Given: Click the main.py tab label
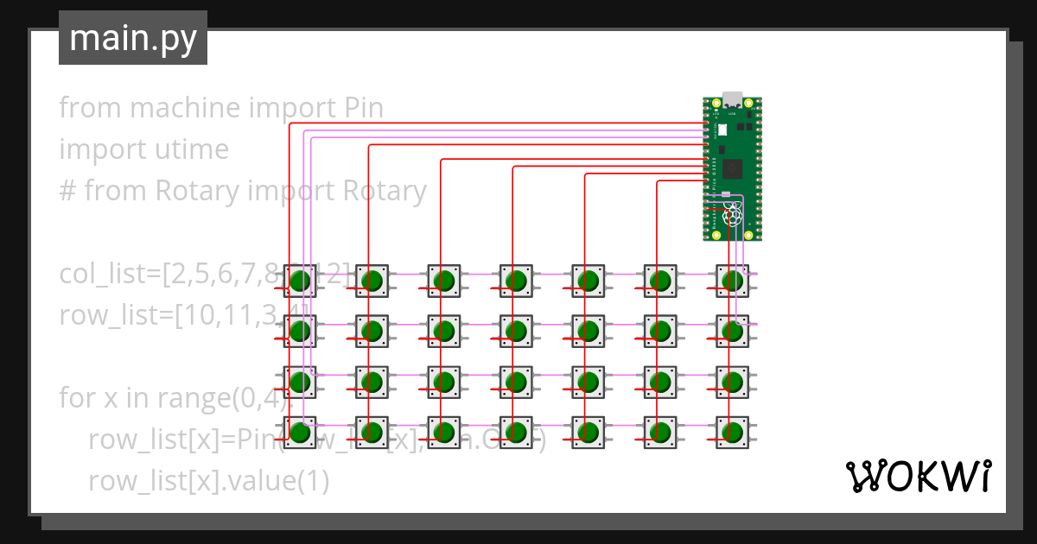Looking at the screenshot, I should [132, 38].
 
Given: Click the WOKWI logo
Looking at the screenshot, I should [918, 475].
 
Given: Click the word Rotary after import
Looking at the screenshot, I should [385, 191].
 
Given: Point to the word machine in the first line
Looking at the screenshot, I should [186, 108].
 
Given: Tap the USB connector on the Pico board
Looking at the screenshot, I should [733, 98].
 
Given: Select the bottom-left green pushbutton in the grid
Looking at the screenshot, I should [301, 432].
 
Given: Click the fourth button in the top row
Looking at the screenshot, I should [517, 281].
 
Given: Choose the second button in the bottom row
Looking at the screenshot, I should [372, 432].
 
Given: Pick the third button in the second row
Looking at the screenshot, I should [445, 332].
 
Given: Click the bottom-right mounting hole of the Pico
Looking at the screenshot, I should [750, 234].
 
